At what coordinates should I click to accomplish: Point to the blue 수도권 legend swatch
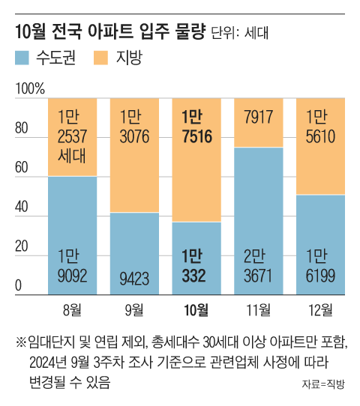click(x=22, y=58)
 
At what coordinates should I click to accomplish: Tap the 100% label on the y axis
click(x=29, y=90)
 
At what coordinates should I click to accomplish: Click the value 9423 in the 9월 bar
click(x=135, y=277)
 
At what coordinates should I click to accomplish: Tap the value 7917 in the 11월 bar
click(x=259, y=117)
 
